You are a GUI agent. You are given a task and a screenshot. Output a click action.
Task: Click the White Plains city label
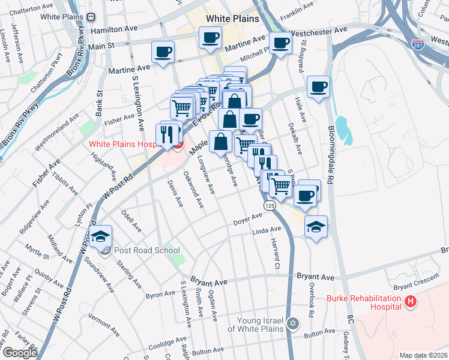[x=232, y=19]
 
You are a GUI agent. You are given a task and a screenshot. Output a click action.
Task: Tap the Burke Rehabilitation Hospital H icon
[x=411, y=302]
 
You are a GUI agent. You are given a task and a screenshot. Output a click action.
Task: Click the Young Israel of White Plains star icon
[x=293, y=323]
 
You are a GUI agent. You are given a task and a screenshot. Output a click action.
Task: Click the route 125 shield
[x=270, y=206]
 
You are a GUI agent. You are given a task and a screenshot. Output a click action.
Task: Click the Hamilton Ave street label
[x=110, y=29]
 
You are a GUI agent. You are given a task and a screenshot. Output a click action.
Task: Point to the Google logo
[x=20, y=353]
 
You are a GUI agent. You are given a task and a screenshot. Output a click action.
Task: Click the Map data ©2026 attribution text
[x=424, y=355]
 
